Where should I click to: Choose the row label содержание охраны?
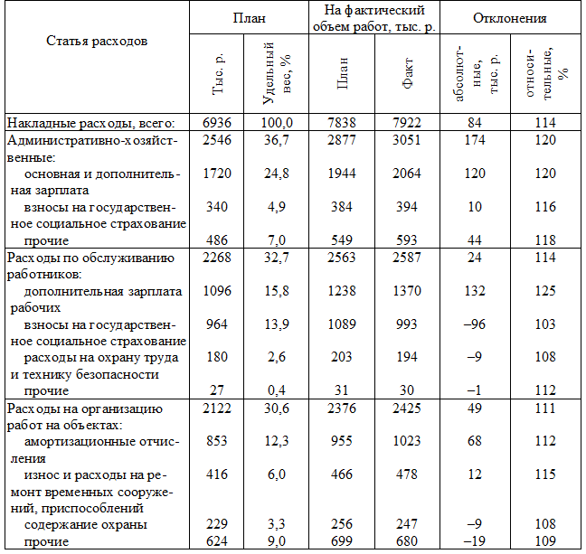point(86,524)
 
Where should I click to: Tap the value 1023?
point(409,441)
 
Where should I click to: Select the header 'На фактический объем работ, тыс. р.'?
point(374,18)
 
